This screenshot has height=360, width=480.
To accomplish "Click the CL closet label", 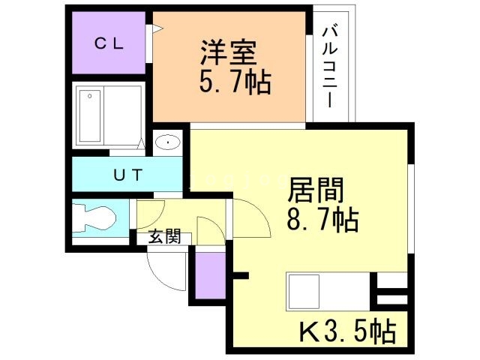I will pyautogui.click(x=109, y=43).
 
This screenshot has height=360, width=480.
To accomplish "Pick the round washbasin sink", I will pyautogui.click(x=168, y=142).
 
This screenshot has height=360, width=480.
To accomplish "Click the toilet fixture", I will pyautogui.click(x=95, y=220).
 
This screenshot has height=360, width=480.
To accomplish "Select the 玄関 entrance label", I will pyautogui.click(x=163, y=237).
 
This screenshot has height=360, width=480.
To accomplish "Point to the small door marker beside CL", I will pyautogui.click(x=157, y=29).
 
